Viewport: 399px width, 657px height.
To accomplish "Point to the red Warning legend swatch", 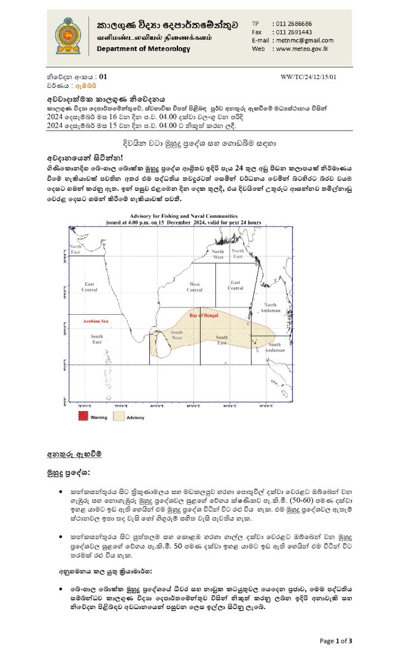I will tap(83, 417).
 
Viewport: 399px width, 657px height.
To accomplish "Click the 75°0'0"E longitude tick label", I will tap(118, 406).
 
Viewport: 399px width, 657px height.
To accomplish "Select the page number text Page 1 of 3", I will tap(335, 641).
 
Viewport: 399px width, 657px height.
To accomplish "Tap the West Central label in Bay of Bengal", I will tap(195, 287).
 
